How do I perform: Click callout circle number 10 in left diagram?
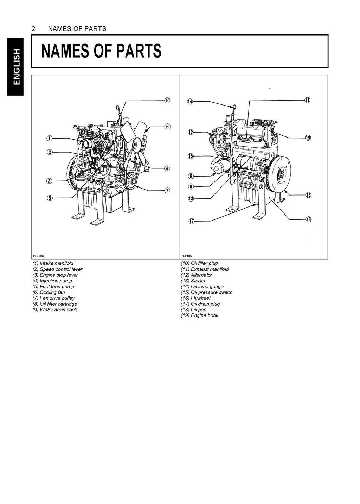pos(167,101)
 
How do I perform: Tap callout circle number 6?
pos(167,126)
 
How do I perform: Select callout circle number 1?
pos(50,138)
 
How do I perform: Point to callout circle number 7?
pos(167,191)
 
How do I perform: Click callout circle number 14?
pos(190,102)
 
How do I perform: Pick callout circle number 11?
pos(308,100)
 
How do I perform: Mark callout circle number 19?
pos(308,138)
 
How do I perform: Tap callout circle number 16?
pos(308,195)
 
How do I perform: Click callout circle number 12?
pos(191,132)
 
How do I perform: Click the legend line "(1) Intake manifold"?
pos(53,263)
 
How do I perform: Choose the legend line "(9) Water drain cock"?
pos(54,310)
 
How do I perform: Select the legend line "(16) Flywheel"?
pos(195,298)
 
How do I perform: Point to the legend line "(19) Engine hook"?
pos(199,315)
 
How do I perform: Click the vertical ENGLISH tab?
pos(15,67)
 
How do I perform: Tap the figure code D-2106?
pos(39,256)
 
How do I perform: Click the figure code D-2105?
pos(187,256)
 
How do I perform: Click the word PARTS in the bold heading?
pos(137,51)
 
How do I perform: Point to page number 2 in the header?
pos(33,29)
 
